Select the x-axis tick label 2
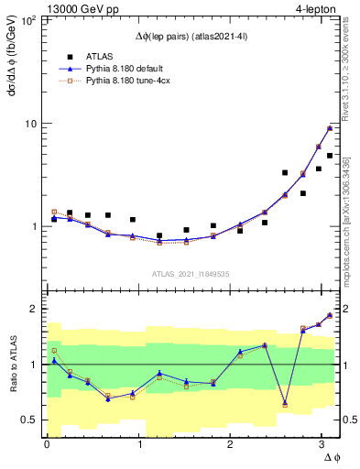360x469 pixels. [229, 443]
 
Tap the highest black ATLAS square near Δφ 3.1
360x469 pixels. [329, 156]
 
